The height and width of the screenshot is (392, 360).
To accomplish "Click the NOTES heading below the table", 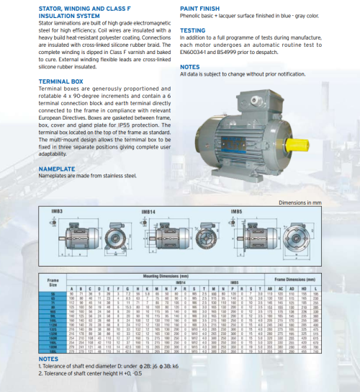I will click(x=48, y=358).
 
